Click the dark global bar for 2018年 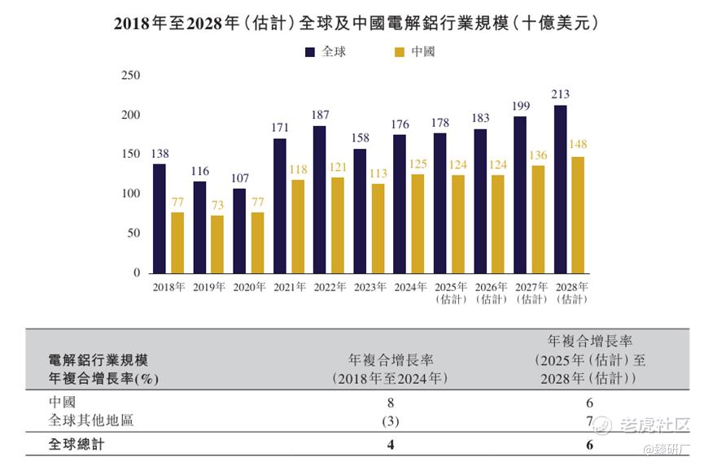(160, 219)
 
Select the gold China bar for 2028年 (578, 215)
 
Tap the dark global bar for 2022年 (319, 199)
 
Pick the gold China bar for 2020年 (257, 242)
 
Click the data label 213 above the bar (560, 94)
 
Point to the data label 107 (239, 178)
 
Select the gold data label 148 (579, 145)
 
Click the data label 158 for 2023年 (360, 138)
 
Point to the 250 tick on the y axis (130, 76)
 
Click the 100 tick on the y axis (130, 194)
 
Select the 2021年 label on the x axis (289, 287)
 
